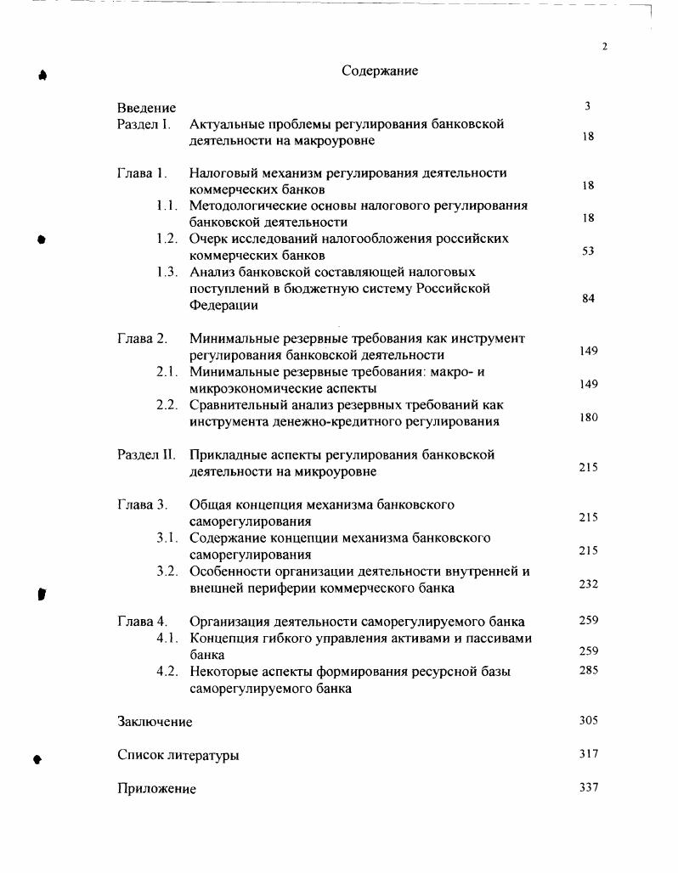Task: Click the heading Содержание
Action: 380,71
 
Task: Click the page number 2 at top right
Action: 605,47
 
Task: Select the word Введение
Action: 147,108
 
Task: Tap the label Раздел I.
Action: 144,125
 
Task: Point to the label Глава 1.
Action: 142,173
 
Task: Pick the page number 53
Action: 588,251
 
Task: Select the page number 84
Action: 588,298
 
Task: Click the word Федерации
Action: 223,306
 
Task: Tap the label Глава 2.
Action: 142,339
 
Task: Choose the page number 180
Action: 588,417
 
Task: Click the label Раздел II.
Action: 146,455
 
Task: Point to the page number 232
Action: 588,584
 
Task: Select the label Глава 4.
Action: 142,622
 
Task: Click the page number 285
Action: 588,670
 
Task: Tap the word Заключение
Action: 155,722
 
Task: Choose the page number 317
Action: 588,753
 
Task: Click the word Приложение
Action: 156,789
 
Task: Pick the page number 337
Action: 588,787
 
